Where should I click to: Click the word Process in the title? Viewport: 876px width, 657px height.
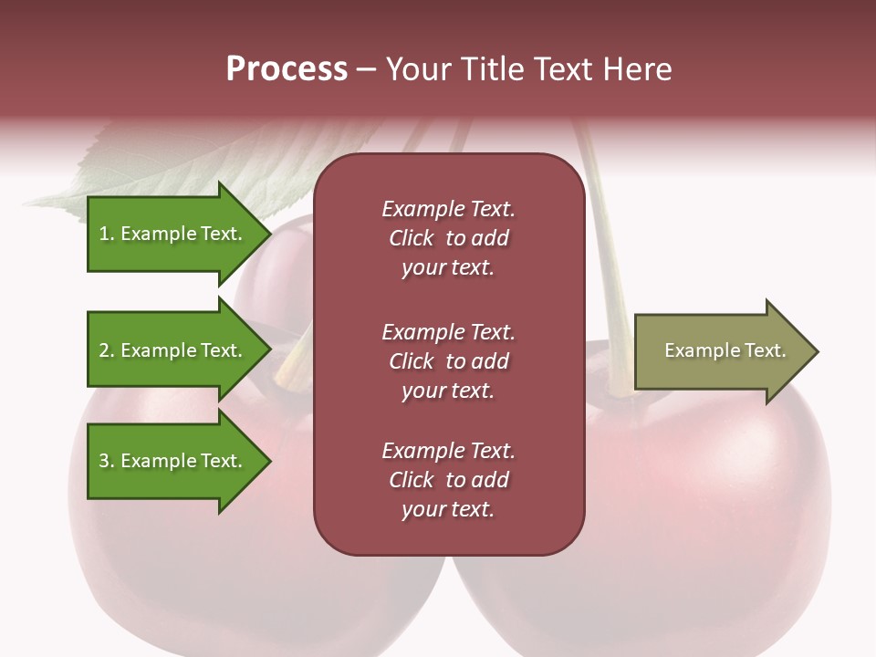tap(287, 69)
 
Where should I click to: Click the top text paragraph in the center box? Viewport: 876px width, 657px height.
tap(448, 238)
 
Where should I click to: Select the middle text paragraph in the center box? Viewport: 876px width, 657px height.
tap(448, 361)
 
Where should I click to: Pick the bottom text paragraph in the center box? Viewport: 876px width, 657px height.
tap(448, 480)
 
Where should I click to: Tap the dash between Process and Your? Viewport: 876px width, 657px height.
tap(367, 70)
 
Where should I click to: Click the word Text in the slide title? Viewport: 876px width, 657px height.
tap(564, 69)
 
